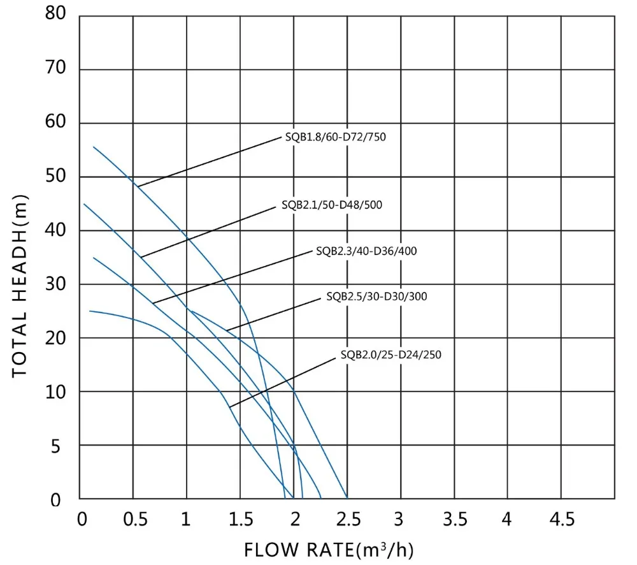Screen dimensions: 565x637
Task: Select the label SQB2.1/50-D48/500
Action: click(x=332, y=205)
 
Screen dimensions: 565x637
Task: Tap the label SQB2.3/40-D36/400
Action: click(x=366, y=251)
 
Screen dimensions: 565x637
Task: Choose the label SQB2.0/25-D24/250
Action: click(x=390, y=355)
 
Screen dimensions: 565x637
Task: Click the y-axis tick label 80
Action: click(x=56, y=14)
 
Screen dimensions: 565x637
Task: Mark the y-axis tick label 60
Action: click(x=56, y=122)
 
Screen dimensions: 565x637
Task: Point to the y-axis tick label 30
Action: click(x=56, y=284)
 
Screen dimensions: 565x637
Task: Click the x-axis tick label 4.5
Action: click(x=561, y=520)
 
